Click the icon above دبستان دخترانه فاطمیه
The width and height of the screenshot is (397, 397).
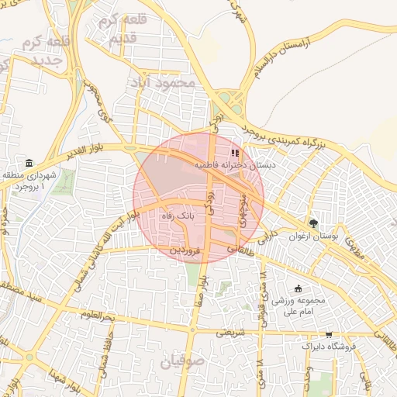click(236, 152)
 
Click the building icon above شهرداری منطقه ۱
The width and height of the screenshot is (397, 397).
click(29, 163)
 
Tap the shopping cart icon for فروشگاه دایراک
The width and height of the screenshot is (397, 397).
click(329, 335)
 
